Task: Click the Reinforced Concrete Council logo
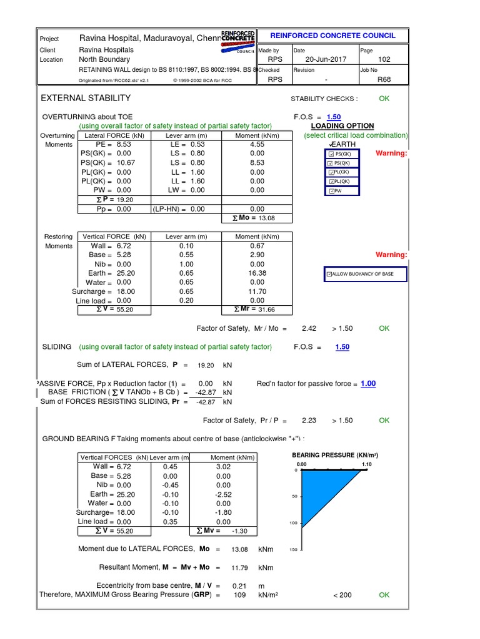[238, 37]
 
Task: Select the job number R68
[384, 79]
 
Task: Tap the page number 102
[384, 59]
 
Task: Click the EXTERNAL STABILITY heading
[86, 98]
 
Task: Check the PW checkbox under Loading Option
[332, 191]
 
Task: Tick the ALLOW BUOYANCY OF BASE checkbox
[329, 274]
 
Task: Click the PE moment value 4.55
[257, 144]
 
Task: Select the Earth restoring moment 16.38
[257, 273]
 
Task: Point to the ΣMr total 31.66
[266, 310]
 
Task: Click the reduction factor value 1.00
[368, 384]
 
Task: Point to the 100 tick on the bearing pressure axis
[294, 523]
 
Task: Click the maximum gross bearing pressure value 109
[239, 595]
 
